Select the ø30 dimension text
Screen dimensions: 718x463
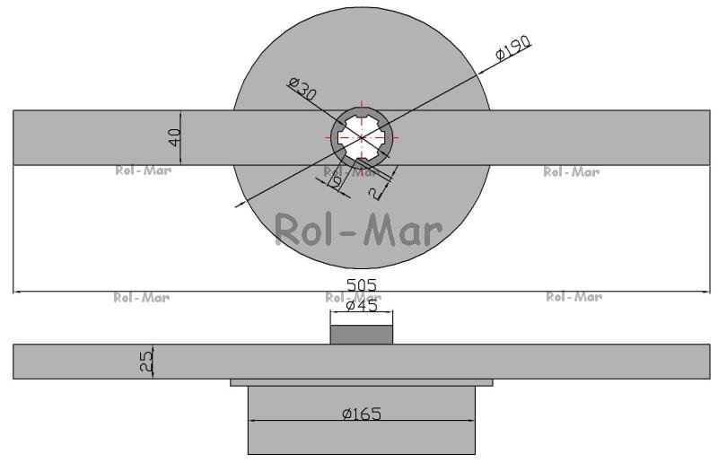(x=302, y=89)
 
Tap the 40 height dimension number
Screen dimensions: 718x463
(x=174, y=137)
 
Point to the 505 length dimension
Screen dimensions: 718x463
(x=362, y=284)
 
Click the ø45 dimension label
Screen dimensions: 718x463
(x=362, y=305)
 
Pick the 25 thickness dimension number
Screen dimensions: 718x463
(x=146, y=362)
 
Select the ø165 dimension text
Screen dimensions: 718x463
(x=362, y=414)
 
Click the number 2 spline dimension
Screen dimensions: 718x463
(x=375, y=194)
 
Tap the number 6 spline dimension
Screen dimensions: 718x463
(x=337, y=183)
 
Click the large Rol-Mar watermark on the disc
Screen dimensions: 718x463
(x=358, y=230)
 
